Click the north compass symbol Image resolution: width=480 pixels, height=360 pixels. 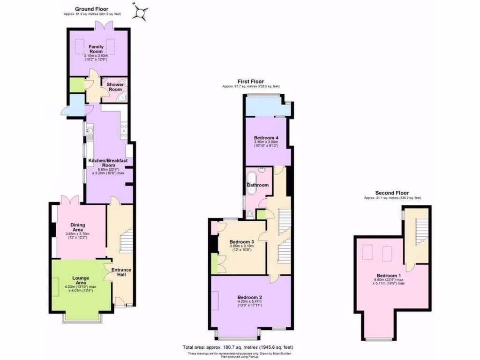[140, 12]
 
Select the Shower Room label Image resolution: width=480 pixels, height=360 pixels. [115, 87]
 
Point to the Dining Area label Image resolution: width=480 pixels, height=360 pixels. [78, 227]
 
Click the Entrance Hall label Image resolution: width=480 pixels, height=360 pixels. [121, 272]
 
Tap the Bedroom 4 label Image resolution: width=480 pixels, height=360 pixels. [266, 137]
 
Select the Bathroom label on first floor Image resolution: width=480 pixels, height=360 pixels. [258, 185]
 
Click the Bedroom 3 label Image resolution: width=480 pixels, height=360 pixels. [242, 242]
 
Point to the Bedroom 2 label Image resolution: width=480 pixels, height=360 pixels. [249, 297]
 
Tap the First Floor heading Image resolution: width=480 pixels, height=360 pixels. [251, 81]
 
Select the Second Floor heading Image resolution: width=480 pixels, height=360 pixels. [392, 193]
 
